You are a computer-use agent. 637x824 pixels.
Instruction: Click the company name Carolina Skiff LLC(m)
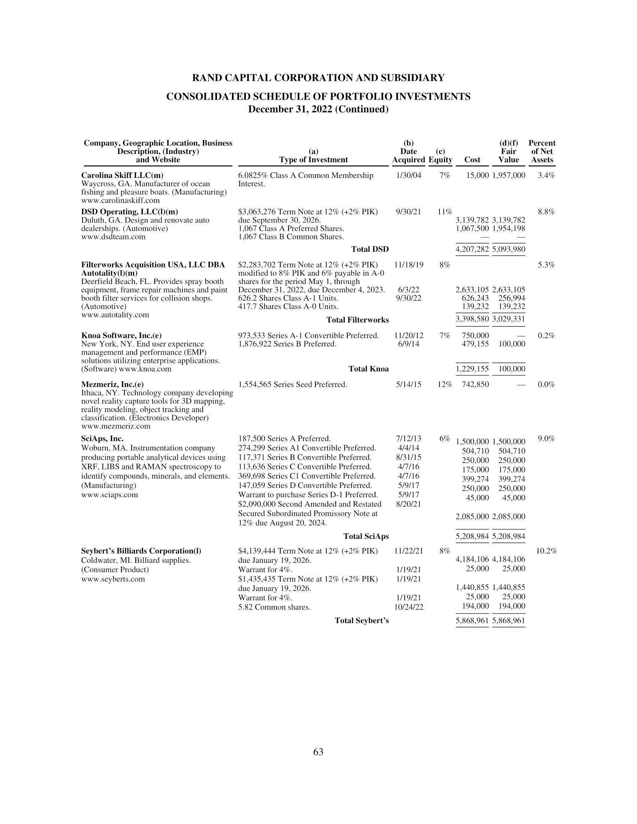pos(122,175)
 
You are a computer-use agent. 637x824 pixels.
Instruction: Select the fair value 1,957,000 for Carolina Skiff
pos(508,175)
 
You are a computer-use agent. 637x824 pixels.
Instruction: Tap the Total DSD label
pos(369,249)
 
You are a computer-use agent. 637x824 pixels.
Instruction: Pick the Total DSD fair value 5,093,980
pos(508,249)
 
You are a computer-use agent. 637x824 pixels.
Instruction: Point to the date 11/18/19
pos(408,265)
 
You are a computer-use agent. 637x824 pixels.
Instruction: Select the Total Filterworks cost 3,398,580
pos(472,320)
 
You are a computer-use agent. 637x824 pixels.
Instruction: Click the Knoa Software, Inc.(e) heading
pos(121,336)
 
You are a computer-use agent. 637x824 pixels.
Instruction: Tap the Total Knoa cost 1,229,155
pos(472,369)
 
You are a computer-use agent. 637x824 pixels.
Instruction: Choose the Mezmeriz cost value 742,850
pos(475,384)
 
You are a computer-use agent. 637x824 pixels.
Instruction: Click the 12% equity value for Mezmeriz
pos(445,384)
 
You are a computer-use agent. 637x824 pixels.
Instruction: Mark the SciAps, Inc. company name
pos(102,439)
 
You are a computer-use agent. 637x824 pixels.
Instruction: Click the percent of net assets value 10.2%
pos(546,551)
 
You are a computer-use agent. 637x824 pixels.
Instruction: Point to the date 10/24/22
pos(408,607)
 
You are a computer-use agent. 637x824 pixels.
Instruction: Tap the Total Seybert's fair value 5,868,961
pos(508,621)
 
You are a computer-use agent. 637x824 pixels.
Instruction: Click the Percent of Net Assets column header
pos(542,151)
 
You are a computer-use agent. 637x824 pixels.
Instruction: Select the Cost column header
pos(472,160)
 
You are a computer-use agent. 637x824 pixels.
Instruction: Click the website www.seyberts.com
pos(113,579)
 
